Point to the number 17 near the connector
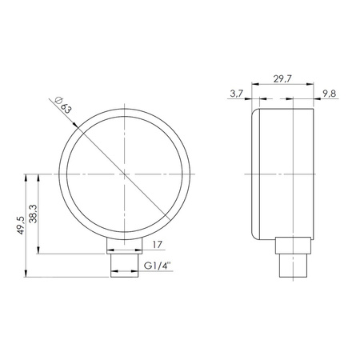[x=157, y=246]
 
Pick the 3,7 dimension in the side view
[x=235, y=94]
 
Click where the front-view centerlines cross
[x=125, y=173]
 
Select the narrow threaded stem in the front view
[x=125, y=264]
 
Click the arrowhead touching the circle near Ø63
[x=78, y=126]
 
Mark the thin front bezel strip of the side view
[x=255, y=174]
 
